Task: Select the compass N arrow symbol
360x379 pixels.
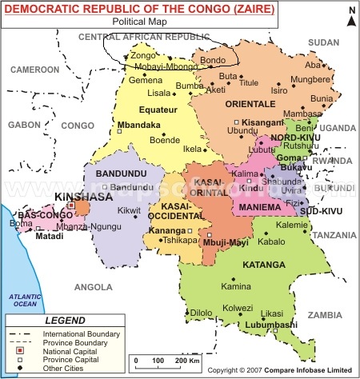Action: (x=350, y=16)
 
